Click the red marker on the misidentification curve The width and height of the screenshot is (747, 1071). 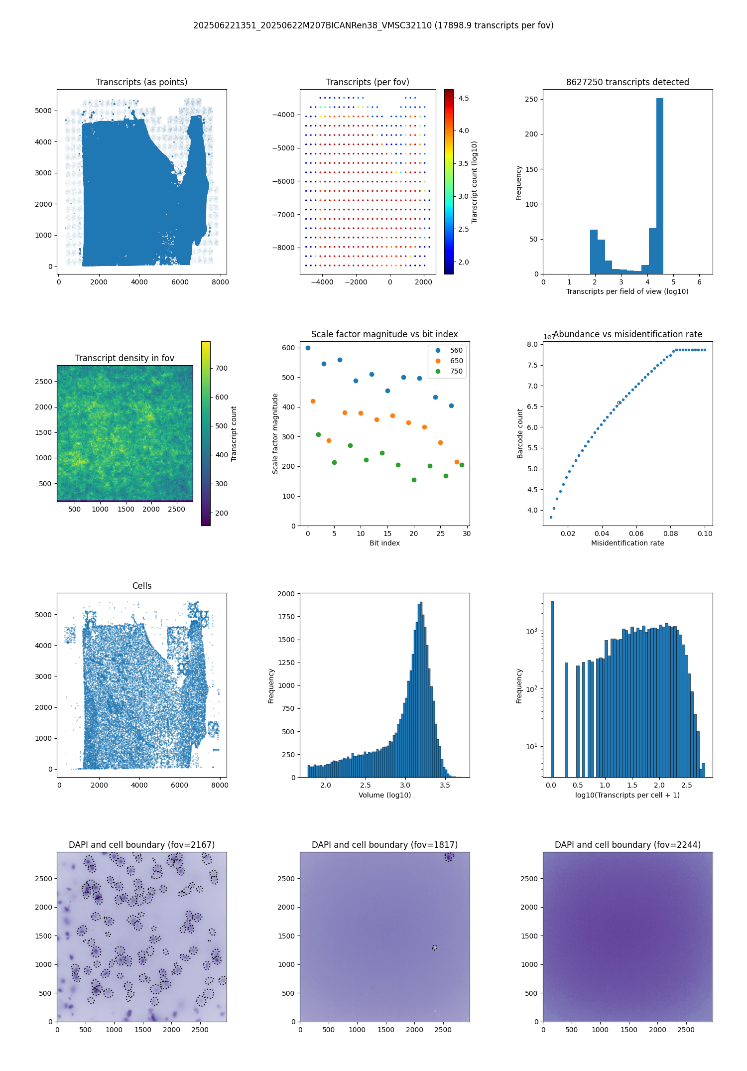coord(619,402)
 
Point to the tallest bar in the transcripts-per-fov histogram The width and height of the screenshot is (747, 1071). coord(660,186)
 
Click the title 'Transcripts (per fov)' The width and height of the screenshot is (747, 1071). coord(368,82)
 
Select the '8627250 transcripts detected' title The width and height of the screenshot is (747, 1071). coord(627,82)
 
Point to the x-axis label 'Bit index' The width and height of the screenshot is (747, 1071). coord(384,543)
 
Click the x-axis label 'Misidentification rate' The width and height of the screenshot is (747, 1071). coord(627,543)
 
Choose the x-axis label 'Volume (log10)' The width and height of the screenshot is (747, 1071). coord(384,795)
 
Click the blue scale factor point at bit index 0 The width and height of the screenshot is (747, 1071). coord(308,348)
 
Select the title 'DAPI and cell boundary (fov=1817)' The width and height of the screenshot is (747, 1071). coord(384,845)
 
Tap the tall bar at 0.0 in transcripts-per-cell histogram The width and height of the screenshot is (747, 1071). coord(552,689)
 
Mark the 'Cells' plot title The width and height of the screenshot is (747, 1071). coord(142,586)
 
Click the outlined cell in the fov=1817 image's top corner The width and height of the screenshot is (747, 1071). coord(449,857)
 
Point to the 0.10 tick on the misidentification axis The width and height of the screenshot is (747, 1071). coord(705,534)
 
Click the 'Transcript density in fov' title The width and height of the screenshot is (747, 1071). coord(124,358)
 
